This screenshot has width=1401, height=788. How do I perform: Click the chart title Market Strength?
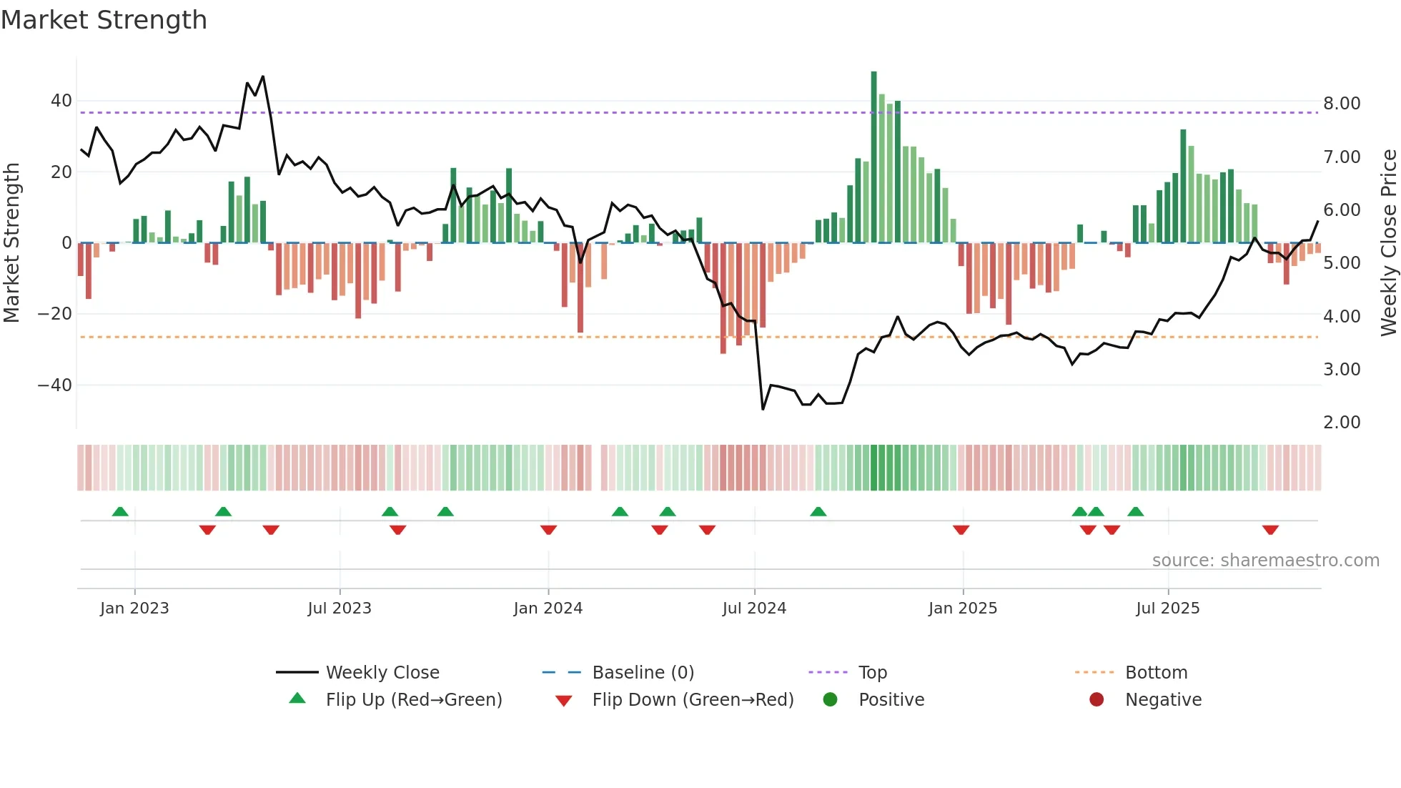104,20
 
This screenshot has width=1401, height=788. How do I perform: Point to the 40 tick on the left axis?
61,101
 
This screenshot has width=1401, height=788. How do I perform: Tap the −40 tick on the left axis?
55,385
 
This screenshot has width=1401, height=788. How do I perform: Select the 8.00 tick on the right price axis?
1342,104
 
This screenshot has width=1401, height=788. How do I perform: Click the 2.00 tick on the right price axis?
1342,423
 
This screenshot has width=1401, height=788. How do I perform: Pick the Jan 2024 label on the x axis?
548,609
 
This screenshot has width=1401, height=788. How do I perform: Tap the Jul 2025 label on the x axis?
1167,609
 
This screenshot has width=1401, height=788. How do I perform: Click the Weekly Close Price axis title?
1388,243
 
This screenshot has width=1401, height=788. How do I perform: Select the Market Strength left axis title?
11,243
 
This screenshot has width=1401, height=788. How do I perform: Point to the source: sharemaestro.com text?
1265,561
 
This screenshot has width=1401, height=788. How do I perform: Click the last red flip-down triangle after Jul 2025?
1270,530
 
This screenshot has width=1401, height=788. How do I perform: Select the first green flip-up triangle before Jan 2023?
120,511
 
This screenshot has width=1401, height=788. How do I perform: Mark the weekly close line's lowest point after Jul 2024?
763,409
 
